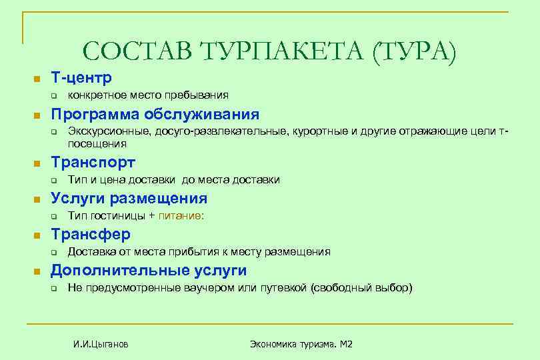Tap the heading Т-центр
coord(81,78)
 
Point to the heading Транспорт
coord(93,163)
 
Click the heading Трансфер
coord(91,235)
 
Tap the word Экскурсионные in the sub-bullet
coord(109,132)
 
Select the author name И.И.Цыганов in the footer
coord(101,344)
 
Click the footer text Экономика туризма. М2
coord(301,344)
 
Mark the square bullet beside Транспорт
coord(38,163)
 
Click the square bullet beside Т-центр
coord(38,79)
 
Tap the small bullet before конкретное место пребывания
coord(56,96)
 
